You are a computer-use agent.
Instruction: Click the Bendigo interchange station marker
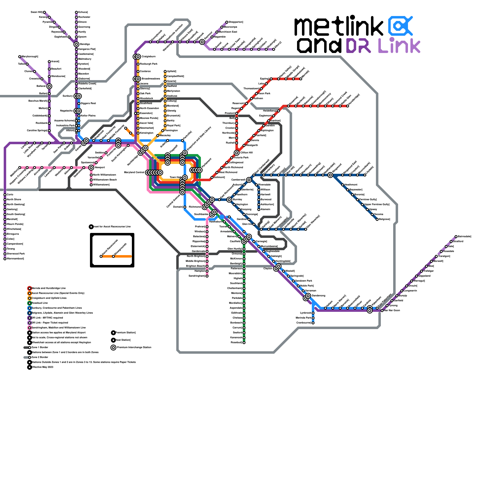(x=76, y=44)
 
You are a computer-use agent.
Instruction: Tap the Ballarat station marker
(x=49, y=86)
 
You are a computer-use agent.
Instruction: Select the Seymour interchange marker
(x=202, y=42)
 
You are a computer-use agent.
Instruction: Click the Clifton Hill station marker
(x=237, y=153)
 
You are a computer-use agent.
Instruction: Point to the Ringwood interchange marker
(x=330, y=175)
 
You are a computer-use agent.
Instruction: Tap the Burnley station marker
(x=229, y=200)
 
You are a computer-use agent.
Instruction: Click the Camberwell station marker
(x=249, y=180)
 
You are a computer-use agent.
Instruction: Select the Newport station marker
(x=91, y=168)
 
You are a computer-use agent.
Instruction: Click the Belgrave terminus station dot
(x=377, y=219)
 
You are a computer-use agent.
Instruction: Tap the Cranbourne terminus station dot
(x=313, y=323)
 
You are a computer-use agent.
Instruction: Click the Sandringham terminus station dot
(x=207, y=276)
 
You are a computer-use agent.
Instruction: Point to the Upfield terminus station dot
(x=165, y=71)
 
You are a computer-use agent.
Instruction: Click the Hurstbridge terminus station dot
(x=348, y=106)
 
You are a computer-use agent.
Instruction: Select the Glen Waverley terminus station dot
(x=306, y=229)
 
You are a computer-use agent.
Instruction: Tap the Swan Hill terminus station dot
(x=44, y=12)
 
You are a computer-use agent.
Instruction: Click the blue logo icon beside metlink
(x=400, y=26)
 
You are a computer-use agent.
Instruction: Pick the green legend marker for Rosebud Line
(x=30, y=303)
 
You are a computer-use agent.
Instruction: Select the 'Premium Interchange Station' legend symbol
(x=113, y=348)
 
